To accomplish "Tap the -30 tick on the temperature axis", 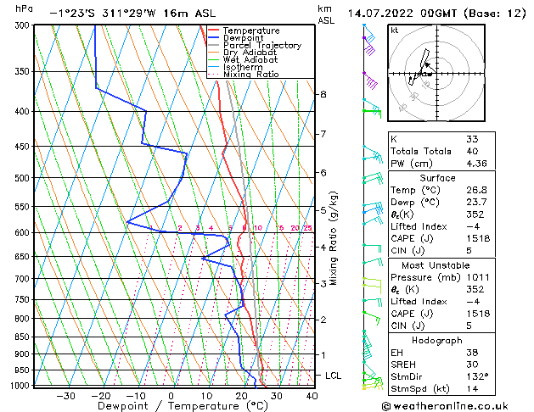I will pos(65,396).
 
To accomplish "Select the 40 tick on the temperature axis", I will pos(312,396).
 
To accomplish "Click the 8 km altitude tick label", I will pos(323,94).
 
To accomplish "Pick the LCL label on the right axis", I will pos(334,375).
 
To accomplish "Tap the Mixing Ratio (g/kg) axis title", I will pos(334,237).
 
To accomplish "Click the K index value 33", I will pos(472,139).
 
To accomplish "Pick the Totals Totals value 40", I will pos(472,151).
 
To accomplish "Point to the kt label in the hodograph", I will pos(394,31).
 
